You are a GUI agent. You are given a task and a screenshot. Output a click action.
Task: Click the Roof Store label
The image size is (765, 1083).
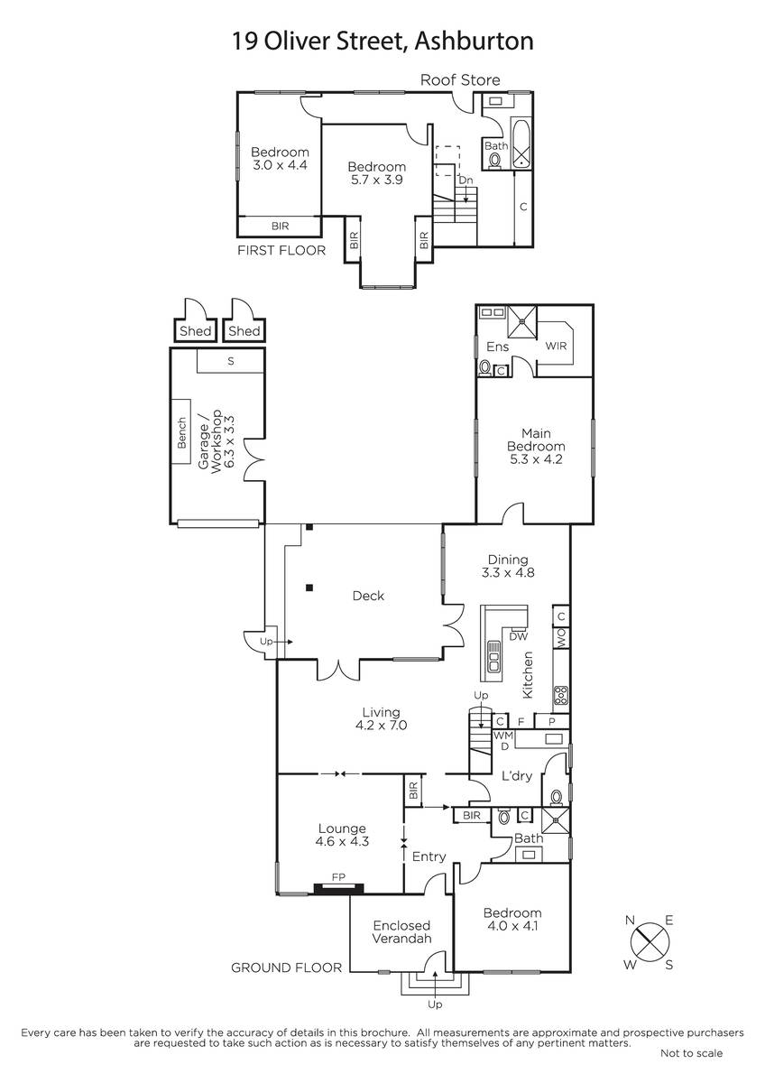[x=459, y=79]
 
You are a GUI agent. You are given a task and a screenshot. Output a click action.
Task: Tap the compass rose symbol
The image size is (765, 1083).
[x=650, y=942]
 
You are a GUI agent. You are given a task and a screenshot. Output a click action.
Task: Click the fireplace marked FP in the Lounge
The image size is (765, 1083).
[x=338, y=887]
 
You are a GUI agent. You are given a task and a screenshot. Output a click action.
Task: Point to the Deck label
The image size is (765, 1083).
[x=368, y=596]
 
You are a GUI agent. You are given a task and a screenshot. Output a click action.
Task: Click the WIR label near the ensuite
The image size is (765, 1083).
[x=556, y=347]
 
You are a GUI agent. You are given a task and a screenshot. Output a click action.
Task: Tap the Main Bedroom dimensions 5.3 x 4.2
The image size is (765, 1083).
[x=536, y=459]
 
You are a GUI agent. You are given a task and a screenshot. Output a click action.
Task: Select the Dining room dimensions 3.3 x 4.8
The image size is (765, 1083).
[x=508, y=572]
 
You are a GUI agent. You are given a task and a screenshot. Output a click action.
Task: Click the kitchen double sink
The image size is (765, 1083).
[x=493, y=656]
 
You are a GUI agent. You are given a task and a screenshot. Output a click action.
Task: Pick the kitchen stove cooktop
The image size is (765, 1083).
[x=560, y=695]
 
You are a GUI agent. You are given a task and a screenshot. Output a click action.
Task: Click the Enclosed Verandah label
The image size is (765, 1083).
[x=401, y=931]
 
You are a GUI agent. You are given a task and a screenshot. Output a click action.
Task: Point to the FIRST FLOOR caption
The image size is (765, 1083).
[x=281, y=251]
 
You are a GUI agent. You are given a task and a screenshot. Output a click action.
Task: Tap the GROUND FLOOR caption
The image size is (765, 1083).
[x=286, y=967]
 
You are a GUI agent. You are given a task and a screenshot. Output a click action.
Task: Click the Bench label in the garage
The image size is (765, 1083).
[x=181, y=432]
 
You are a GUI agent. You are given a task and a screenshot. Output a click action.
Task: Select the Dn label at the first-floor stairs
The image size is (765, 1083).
[x=465, y=180]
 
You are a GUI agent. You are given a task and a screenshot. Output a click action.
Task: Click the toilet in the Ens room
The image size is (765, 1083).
[x=484, y=369]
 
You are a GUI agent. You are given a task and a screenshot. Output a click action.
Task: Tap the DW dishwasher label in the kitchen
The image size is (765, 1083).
[x=519, y=637]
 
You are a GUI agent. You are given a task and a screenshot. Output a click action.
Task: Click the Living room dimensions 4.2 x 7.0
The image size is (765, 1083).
[x=382, y=726]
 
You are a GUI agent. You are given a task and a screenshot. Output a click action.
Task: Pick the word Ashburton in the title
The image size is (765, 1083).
[x=475, y=42]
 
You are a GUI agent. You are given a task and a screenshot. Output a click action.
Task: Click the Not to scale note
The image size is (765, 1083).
[x=691, y=1053]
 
